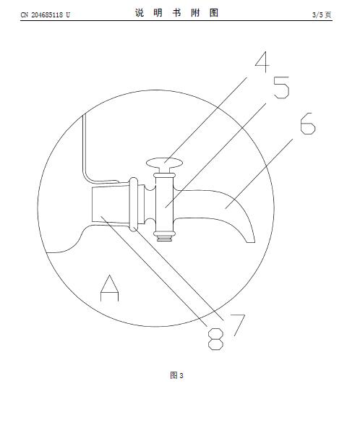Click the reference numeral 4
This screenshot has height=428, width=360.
(262, 62)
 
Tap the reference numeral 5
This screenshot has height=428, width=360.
(281, 87)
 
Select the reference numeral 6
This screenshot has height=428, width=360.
(308, 124)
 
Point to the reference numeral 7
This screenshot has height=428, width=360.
(238, 325)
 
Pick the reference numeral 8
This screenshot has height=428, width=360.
(215, 339)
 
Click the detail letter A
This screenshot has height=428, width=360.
(110, 288)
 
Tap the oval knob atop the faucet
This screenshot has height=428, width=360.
(164, 163)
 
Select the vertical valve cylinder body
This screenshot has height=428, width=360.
(164, 204)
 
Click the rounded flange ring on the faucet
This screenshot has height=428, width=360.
(134, 204)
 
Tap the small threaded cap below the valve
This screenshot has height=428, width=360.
(164, 239)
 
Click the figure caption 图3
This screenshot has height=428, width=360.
(176, 376)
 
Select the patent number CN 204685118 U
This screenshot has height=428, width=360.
(46, 14)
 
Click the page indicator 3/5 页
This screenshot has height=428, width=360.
(322, 14)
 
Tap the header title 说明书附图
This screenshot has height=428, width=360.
(176, 12)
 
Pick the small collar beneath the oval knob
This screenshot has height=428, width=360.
(164, 174)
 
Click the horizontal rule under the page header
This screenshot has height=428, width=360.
(176, 20)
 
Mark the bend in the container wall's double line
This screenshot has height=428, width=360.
(87, 176)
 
